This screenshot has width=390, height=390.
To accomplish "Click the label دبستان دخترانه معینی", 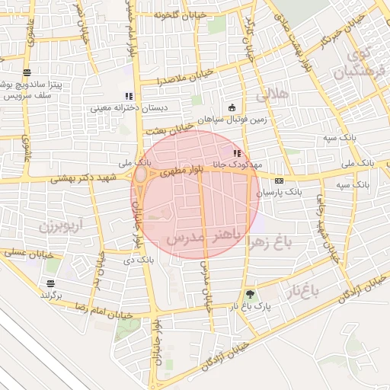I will (x=120, y=107).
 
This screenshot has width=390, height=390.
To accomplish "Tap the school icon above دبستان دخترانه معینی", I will (x=129, y=97).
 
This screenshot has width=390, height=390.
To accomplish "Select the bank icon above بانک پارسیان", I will (x=279, y=181).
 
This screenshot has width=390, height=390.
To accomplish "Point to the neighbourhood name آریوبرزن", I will (x=55, y=226).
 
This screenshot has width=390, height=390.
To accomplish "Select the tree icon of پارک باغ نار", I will (x=251, y=294).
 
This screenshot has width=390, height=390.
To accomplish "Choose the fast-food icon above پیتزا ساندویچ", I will (x=27, y=72).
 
